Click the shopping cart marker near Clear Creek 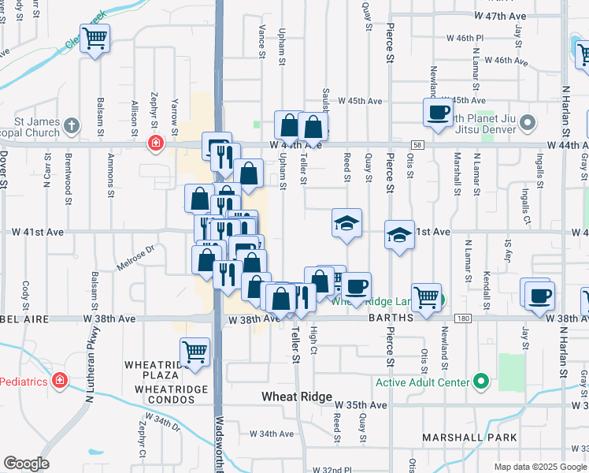(x=94, y=37)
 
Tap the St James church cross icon (x=72, y=126)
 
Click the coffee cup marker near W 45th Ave (x=437, y=111)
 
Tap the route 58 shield (x=417, y=145)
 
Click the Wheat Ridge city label (x=297, y=397)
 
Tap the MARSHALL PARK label (x=469, y=438)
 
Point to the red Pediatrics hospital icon (x=58, y=381)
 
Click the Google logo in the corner (x=25, y=464)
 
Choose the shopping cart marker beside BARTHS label (x=426, y=297)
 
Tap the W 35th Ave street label (x=366, y=404)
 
